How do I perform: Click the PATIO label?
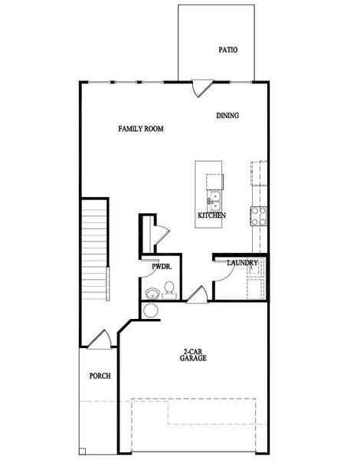coord(227,50)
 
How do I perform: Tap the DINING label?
coord(227,116)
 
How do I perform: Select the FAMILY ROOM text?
coord(141,128)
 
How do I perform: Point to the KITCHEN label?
coord(211,216)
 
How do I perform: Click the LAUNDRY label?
coord(242,263)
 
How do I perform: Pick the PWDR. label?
coord(161,267)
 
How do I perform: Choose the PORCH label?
coord(100,376)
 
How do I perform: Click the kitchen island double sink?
coord(215,200)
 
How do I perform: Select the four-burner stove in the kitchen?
coord(259,215)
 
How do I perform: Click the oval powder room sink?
coord(152,292)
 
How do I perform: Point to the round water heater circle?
coord(151,310)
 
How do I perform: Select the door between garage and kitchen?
coord(196,295)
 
